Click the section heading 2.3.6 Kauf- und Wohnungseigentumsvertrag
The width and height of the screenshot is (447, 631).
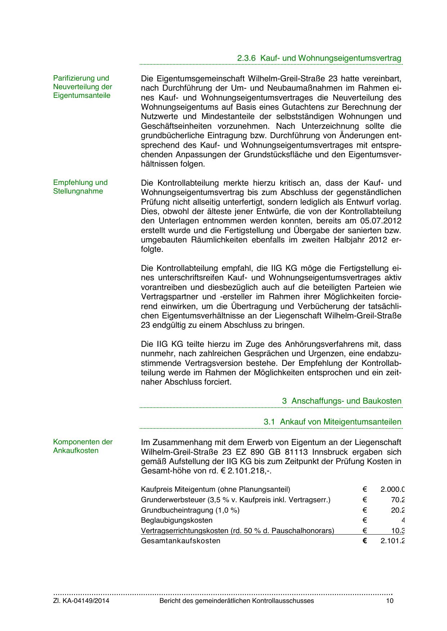(319, 58)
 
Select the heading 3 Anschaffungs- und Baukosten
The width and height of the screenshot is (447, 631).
(341, 401)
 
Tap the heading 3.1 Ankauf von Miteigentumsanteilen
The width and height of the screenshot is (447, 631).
(332, 422)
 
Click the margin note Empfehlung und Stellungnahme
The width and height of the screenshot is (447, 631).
(80, 187)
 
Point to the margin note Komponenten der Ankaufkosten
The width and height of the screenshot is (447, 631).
(83, 446)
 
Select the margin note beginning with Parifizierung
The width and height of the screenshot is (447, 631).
(82, 87)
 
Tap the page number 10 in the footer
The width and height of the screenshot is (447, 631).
(390, 601)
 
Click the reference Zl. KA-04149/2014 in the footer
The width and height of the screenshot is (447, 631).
(81, 601)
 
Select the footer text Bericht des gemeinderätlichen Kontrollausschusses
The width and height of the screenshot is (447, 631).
(236, 601)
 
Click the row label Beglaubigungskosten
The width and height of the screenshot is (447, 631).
(176, 520)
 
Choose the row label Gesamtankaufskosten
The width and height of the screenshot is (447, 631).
(180, 541)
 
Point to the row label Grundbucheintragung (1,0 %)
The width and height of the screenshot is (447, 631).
(190, 510)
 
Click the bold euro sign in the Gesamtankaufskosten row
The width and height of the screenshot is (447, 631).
(365, 541)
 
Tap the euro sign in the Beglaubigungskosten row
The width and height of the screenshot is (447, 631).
(365, 520)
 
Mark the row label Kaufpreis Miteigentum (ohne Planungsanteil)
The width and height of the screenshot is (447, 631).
(215, 489)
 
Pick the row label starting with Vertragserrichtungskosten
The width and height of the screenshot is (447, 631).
(237, 531)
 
